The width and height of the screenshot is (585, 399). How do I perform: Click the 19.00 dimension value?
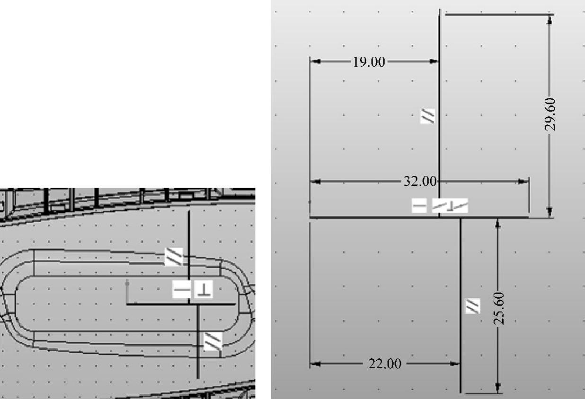[369, 62]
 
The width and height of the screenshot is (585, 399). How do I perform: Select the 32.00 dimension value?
[420, 181]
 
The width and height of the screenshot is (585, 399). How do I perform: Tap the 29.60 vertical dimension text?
[550, 114]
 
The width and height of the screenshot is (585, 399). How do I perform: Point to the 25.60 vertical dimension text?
[498, 309]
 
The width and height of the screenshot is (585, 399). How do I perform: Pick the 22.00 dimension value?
[385, 364]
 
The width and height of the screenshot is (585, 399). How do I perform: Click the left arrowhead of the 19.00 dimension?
[316, 61]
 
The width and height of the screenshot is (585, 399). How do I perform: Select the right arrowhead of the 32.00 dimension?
[523, 182]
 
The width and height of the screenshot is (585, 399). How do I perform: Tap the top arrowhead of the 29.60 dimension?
[550, 20]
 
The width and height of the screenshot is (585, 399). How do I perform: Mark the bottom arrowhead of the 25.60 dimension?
[498, 388]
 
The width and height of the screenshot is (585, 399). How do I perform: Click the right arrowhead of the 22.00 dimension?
[454, 364]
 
